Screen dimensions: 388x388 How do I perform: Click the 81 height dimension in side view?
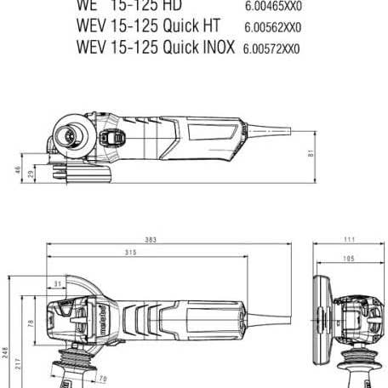tap(311, 153)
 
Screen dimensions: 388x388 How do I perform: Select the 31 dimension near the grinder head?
tap(57, 283)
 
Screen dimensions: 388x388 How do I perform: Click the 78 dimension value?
tap(31, 322)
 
